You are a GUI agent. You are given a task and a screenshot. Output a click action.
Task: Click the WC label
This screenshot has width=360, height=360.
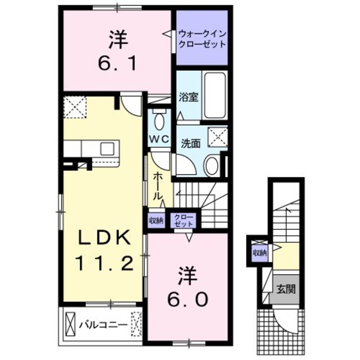pos(159,139)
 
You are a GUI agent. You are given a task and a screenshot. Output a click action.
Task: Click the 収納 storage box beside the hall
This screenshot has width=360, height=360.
pos(156,220)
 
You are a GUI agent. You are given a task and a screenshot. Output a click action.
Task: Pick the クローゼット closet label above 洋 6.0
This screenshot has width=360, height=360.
pos(183,220)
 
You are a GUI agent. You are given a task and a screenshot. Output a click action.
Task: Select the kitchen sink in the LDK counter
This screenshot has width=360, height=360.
pos(107,149)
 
